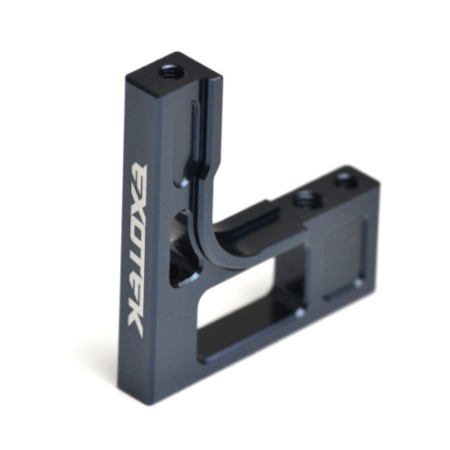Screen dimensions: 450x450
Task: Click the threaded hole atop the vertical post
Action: point(169,70)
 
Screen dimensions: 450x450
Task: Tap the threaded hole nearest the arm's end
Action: point(344,181)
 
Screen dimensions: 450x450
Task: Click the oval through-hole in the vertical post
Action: point(182,250)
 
